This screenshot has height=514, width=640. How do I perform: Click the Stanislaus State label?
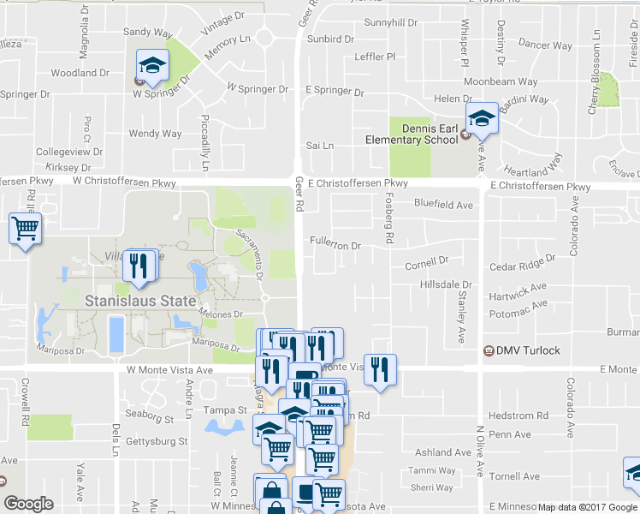coord(140,301)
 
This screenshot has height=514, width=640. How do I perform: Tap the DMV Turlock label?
coord(527,350)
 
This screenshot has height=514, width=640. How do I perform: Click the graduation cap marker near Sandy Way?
coord(153,65)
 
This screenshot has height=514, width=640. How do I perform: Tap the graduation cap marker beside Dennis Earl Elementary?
coord(481,120)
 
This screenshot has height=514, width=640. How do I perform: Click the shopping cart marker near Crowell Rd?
coord(26,229)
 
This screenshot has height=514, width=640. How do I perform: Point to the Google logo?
coord(28,504)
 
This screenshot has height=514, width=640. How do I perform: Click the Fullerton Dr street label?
coord(336,245)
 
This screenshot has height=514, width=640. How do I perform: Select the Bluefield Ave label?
coord(443,205)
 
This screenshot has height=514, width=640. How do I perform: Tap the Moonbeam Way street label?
coord(501,81)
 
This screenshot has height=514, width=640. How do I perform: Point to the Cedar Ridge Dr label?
coord(517,267)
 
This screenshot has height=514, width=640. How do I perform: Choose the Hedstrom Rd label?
coord(519,415)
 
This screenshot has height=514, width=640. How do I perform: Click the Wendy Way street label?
coord(155,134)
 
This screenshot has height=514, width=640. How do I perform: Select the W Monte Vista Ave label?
coord(169,370)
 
